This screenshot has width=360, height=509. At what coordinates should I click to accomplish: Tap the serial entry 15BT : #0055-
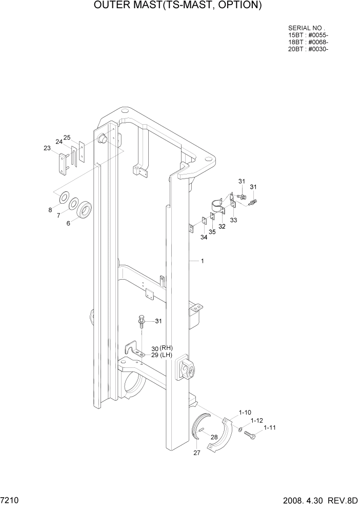(x=308, y=35)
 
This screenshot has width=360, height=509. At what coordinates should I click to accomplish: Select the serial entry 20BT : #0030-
(x=308, y=49)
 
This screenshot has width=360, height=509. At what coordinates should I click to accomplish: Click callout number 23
(x=47, y=148)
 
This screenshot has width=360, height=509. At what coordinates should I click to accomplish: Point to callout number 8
(x=50, y=210)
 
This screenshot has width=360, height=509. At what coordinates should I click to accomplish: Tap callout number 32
(x=222, y=226)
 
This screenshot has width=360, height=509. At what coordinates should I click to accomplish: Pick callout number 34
(x=204, y=237)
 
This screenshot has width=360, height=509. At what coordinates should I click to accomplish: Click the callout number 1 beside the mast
(x=203, y=261)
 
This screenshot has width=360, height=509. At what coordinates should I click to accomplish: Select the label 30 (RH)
(x=162, y=348)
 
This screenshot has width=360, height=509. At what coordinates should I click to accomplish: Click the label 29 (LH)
(x=161, y=355)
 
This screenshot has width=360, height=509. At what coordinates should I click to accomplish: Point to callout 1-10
(x=245, y=413)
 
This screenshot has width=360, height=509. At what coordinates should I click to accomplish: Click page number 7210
(x=10, y=500)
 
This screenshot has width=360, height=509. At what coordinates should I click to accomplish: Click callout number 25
(x=67, y=137)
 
